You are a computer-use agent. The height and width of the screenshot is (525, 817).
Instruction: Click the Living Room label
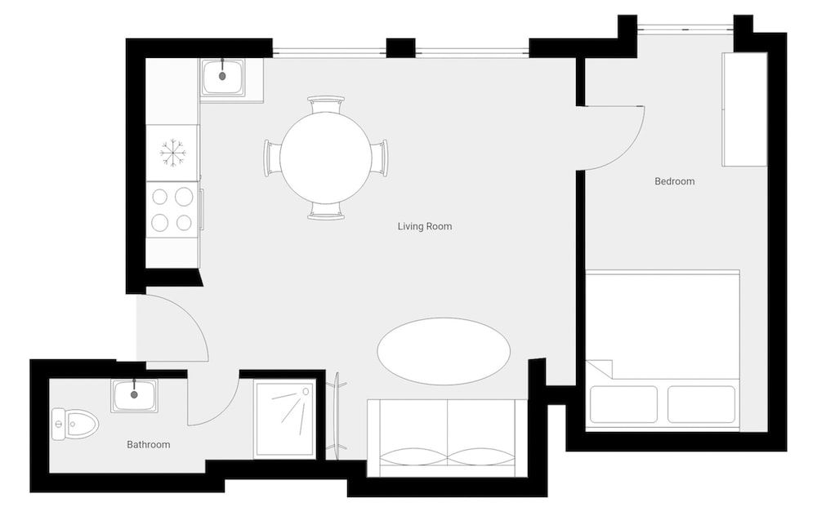click(x=424, y=226)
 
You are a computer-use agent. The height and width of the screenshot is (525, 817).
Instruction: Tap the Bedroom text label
click(x=674, y=181)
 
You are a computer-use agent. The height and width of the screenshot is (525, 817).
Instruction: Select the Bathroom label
click(x=148, y=445)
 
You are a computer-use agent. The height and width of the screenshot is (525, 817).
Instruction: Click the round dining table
click(x=326, y=158)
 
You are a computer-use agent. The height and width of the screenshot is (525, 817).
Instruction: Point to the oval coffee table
click(x=444, y=351)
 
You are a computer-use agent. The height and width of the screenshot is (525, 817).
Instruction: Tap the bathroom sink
click(x=134, y=396)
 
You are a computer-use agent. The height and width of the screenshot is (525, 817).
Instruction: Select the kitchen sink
click(x=222, y=77)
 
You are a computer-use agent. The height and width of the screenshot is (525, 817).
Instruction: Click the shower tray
click(x=284, y=419)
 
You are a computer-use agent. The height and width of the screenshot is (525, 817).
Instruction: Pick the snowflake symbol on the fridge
click(x=172, y=153)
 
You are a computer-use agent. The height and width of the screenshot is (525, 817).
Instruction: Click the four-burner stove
click(x=172, y=209)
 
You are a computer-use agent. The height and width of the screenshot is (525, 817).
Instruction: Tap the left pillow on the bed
click(x=623, y=404)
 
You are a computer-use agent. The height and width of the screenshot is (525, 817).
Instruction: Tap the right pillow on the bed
click(x=701, y=404)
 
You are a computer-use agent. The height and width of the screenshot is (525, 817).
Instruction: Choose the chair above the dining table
click(x=326, y=104)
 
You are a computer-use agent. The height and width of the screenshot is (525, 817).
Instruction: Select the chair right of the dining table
click(x=380, y=158)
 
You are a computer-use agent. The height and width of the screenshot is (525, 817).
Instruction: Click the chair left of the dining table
click(x=271, y=158)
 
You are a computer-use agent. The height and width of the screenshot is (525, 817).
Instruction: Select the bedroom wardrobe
click(x=744, y=109)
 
